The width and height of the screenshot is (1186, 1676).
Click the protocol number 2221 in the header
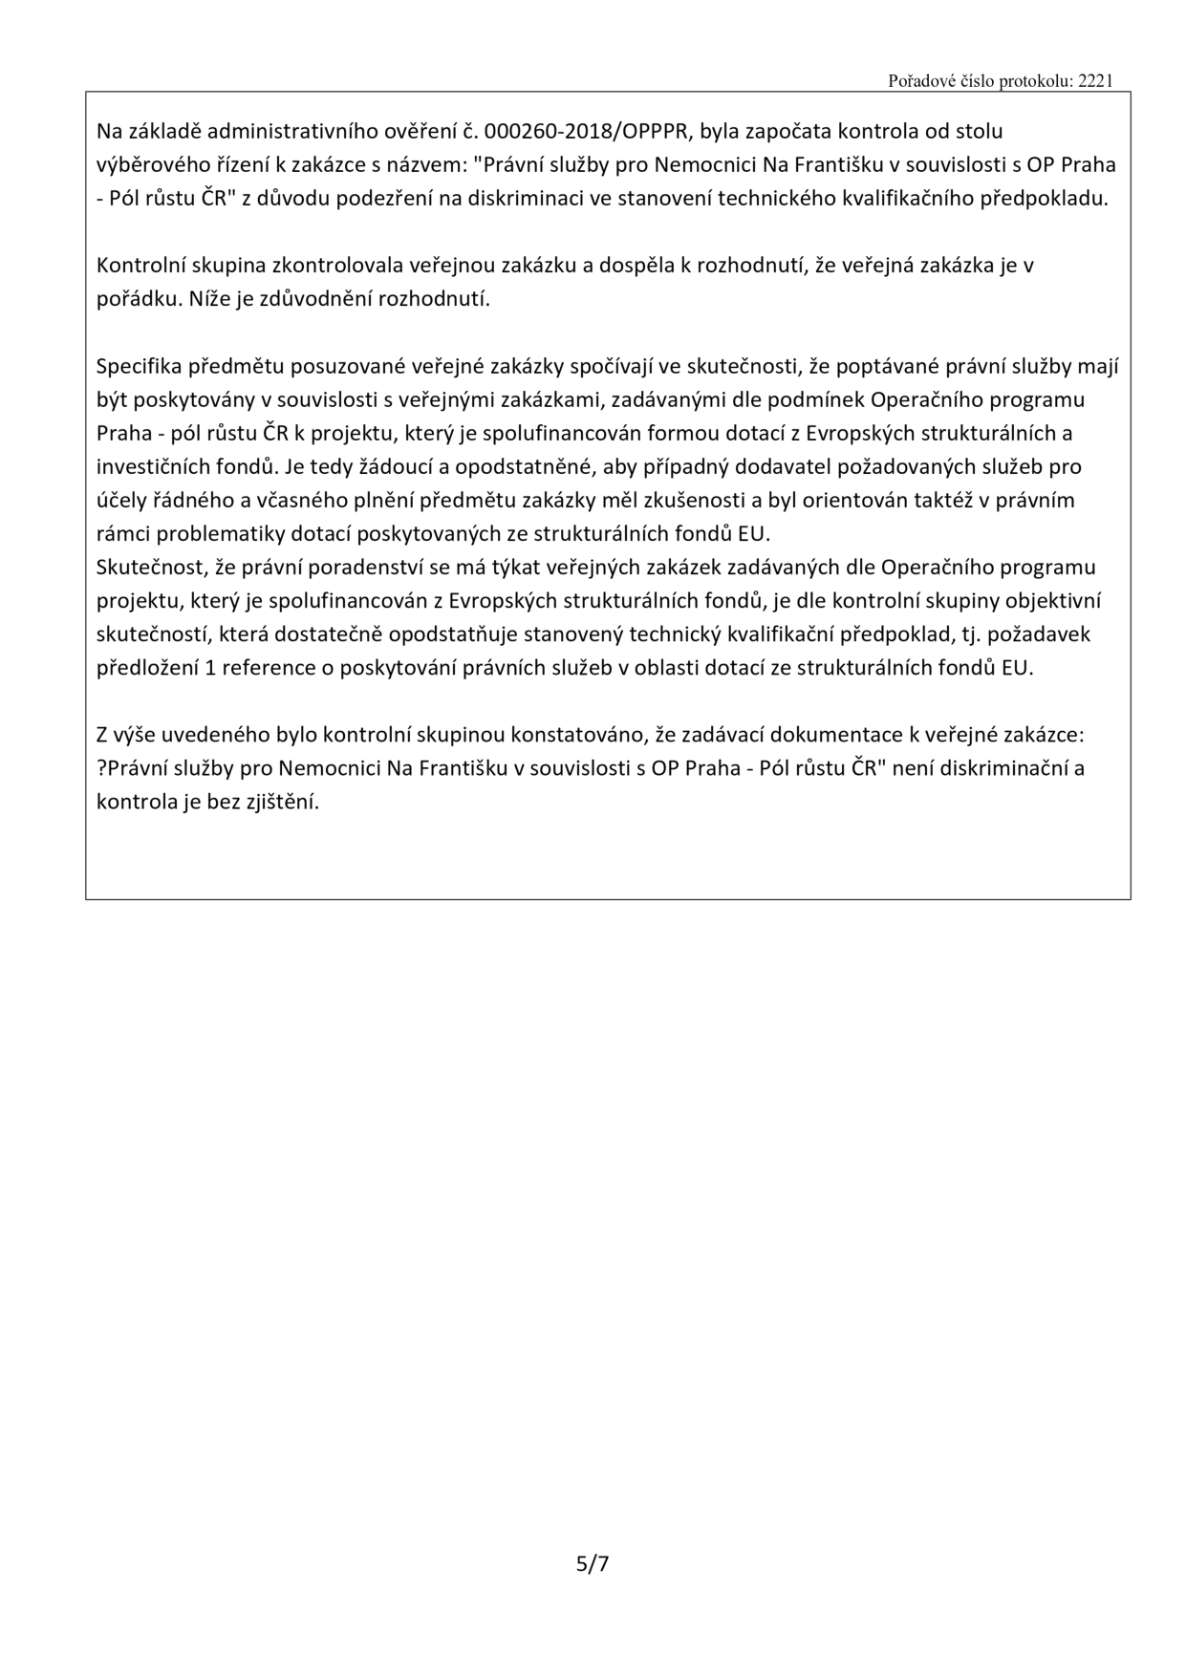pos(1095,81)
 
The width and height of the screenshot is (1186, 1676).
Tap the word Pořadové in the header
pos(917,81)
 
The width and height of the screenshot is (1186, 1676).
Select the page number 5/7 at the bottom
pos(593,1563)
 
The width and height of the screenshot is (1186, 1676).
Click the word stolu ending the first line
pos(978,131)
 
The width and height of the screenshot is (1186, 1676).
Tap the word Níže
pos(210,299)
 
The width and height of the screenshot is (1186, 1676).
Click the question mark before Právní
pos(101,769)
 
